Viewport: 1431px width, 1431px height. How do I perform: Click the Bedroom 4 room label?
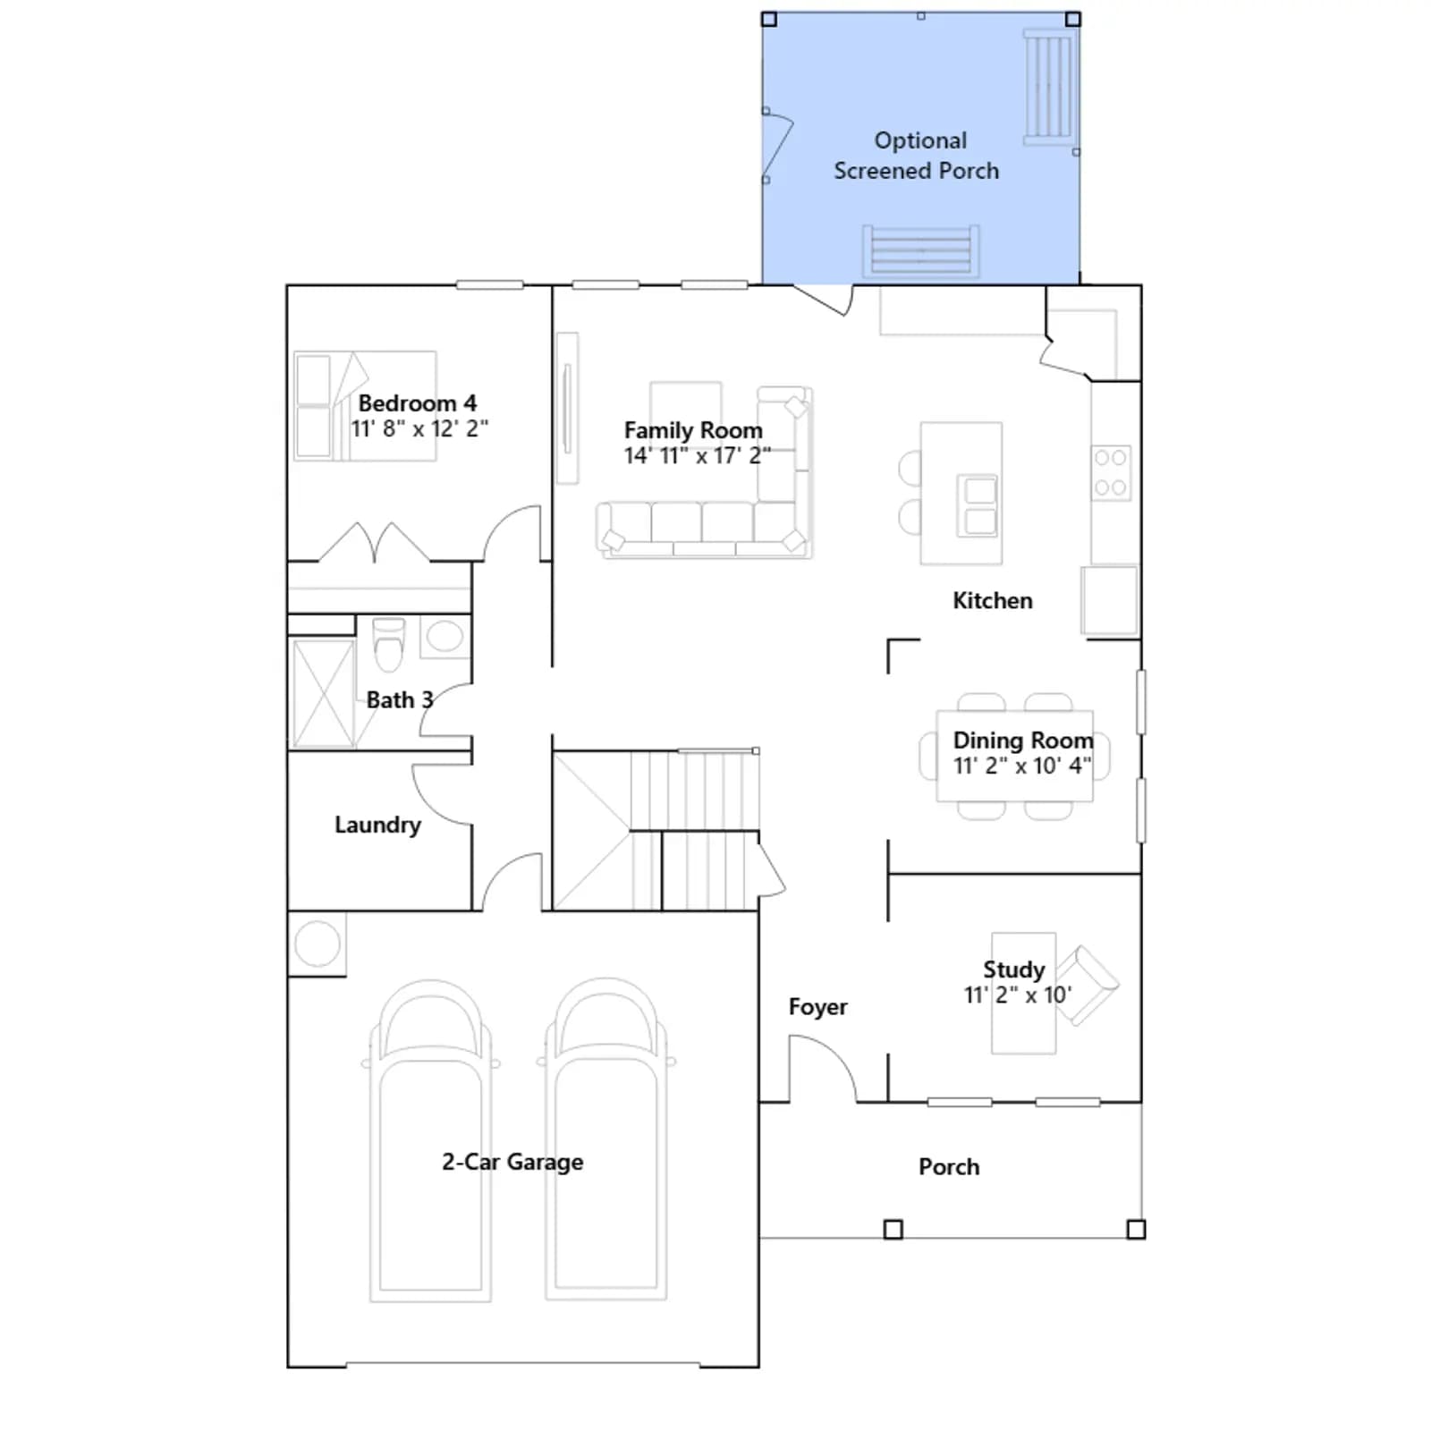pyautogui.click(x=418, y=403)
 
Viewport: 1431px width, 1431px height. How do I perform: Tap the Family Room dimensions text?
pyautogui.click(x=697, y=456)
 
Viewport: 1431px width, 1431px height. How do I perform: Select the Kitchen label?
pyautogui.click(x=993, y=600)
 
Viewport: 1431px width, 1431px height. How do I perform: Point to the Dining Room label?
pyautogui.click(x=1023, y=741)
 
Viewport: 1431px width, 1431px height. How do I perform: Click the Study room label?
pyautogui.click(x=1014, y=970)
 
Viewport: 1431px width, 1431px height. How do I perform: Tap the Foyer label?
pyautogui.click(x=817, y=1007)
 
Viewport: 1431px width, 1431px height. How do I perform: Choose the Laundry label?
pyautogui.click(x=377, y=825)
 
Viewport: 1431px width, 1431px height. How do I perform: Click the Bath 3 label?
pyautogui.click(x=400, y=699)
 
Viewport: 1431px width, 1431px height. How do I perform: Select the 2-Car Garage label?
pyautogui.click(x=512, y=1162)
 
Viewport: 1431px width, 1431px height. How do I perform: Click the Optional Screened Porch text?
pyautogui.click(x=917, y=156)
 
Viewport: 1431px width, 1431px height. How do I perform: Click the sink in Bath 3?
pyautogui.click(x=445, y=637)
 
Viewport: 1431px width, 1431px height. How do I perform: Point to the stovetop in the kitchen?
pyautogui.click(x=1111, y=472)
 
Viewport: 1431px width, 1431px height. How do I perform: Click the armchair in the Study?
pyautogui.click(x=1087, y=985)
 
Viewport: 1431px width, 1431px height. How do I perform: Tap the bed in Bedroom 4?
pyautogui.click(x=365, y=406)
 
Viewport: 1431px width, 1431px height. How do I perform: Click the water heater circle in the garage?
pyautogui.click(x=318, y=943)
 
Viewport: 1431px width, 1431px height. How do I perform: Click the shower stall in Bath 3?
pyautogui.click(x=323, y=693)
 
